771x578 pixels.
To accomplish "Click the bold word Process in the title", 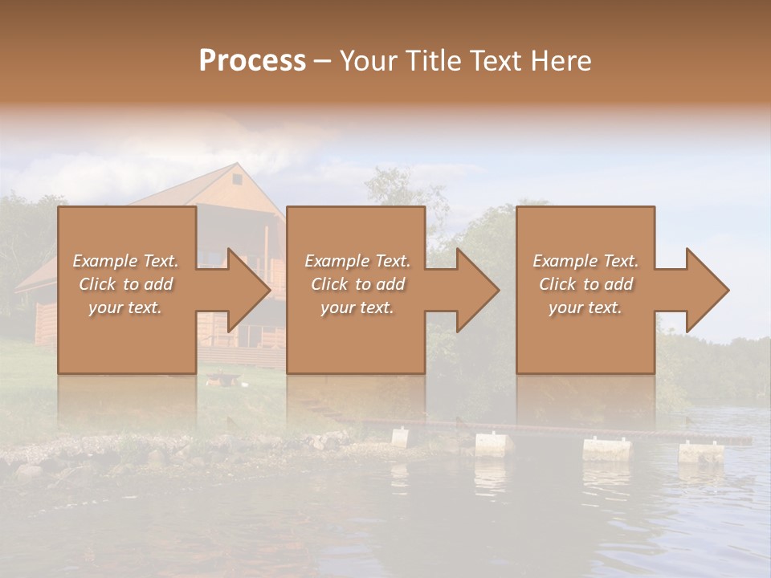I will point(252,61).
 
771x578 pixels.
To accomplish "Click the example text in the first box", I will point(126,284).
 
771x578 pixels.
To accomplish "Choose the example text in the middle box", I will point(357,284).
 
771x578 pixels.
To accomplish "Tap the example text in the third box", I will point(585,284).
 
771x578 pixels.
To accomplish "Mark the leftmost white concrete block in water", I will point(399,438).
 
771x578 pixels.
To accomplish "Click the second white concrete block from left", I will point(493,444).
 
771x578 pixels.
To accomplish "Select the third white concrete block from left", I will point(607,449).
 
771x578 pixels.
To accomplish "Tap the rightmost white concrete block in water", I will point(701,452).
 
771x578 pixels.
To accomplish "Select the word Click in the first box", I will point(98,284).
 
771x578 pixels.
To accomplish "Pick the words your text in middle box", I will point(357,307).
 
